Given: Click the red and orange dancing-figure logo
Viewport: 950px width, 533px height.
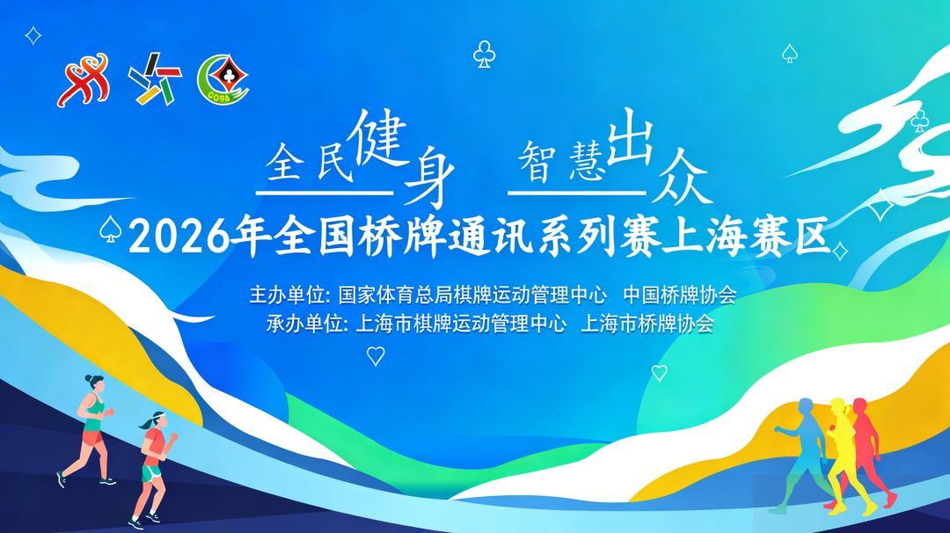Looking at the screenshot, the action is (x=84, y=80).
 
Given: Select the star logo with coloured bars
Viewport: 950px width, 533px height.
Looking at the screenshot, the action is (x=155, y=79).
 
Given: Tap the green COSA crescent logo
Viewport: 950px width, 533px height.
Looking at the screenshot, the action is (x=223, y=79).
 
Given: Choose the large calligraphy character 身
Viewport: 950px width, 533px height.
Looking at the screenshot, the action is (x=428, y=176).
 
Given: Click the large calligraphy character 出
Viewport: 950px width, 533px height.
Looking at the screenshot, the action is (x=630, y=137).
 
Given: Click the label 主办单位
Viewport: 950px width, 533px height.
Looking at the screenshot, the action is (x=287, y=296).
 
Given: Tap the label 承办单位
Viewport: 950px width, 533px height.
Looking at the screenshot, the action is (x=304, y=324).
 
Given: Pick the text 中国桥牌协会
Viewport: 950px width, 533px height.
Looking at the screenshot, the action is (x=680, y=295).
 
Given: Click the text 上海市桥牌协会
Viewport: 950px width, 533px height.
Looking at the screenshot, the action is (x=647, y=324).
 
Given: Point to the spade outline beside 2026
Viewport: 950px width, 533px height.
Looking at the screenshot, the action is (x=110, y=229).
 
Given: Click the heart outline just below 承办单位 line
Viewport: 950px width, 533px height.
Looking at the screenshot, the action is (x=376, y=355).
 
